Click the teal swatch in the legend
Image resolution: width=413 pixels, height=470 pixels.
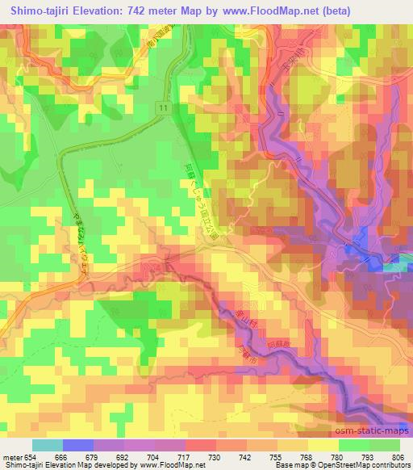click(47, 446)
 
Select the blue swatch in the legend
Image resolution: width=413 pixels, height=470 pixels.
click(78, 446)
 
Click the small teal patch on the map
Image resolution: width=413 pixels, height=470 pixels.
click(394, 267)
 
